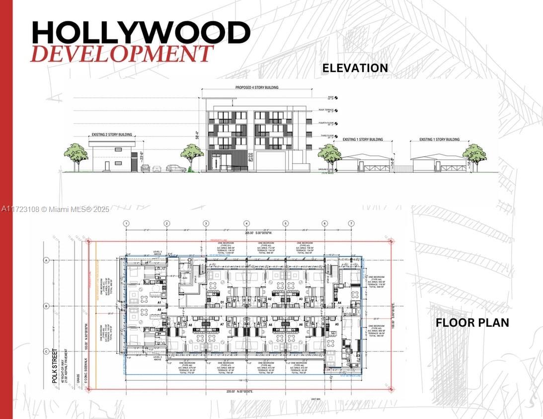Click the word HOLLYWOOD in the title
tap(141, 33)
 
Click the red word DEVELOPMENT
tap(122, 54)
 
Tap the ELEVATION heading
tap(355, 68)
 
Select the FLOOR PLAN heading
tap(472, 323)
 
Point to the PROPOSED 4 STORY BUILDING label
tap(256, 88)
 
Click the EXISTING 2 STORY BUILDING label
tap(112, 135)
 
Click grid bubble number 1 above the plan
tap(127, 223)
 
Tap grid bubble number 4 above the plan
tap(246, 223)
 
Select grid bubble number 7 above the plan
tap(351, 223)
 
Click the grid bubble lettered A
tap(46, 260)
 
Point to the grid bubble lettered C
tap(46, 351)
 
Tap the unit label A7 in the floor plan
tap(223, 324)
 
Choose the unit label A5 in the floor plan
tap(336, 324)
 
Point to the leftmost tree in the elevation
tap(77, 154)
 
